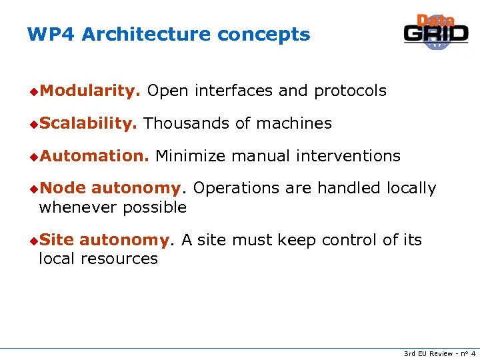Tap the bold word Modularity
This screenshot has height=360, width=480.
89,91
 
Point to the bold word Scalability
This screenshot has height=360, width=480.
88,123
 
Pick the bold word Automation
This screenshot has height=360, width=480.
93,156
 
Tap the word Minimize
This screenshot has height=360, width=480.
190,156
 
